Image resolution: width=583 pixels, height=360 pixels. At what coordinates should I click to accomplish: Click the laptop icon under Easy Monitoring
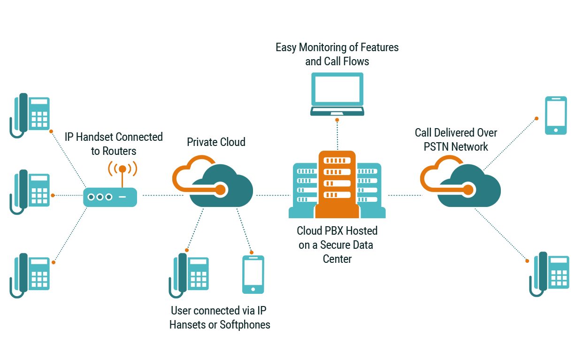(x=337, y=94)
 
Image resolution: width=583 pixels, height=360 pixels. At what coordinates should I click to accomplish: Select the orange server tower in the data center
(x=337, y=184)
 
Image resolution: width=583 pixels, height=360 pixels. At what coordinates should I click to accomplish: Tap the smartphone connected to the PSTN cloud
(x=556, y=115)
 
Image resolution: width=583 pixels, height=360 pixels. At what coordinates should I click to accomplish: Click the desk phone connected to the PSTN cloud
(x=549, y=275)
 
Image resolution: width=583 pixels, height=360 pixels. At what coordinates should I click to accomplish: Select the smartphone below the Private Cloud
(x=253, y=275)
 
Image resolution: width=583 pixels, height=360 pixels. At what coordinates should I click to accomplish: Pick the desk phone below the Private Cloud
(x=189, y=276)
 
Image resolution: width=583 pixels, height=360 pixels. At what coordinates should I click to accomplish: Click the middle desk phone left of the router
(x=30, y=192)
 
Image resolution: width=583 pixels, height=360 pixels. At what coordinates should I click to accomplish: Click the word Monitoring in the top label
(x=322, y=47)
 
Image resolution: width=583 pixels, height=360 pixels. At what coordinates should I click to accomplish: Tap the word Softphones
(x=245, y=325)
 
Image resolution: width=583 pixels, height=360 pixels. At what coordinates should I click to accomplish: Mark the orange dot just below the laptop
(x=337, y=120)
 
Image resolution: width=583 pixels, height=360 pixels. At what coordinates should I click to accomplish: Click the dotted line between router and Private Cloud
(x=163, y=195)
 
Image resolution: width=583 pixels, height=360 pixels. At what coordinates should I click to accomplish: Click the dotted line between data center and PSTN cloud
(x=405, y=195)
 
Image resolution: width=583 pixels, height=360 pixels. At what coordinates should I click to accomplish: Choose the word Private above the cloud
(x=202, y=142)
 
